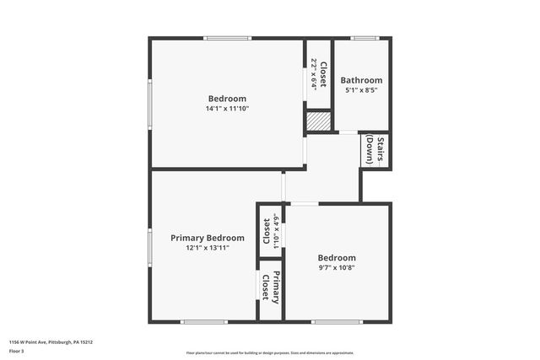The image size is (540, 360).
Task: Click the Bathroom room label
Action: pyautogui.click(x=362, y=80)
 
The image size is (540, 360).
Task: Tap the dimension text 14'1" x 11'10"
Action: pyautogui.click(x=227, y=108)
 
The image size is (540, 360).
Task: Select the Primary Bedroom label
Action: pyautogui.click(x=208, y=238)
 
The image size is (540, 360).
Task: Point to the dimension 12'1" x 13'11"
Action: pyautogui.click(x=208, y=248)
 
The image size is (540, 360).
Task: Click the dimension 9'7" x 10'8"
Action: pyautogui.click(x=337, y=268)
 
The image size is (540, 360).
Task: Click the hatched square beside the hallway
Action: pyautogui.click(x=317, y=121)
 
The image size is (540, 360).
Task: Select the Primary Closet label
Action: pyautogui.click(x=270, y=288)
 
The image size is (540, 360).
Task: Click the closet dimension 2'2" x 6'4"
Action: pyautogui.click(x=313, y=73)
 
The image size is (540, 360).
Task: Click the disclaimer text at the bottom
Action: pyautogui.click(x=270, y=353)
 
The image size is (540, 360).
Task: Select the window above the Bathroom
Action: pyautogui.click(x=364, y=38)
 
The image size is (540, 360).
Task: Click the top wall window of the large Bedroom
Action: pyautogui.click(x=227, y=38)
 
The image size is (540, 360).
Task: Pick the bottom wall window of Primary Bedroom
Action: pyautogui.click(x=204, y=321)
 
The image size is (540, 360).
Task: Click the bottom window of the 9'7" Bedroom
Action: pyautogui.click(x=337, y=321)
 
